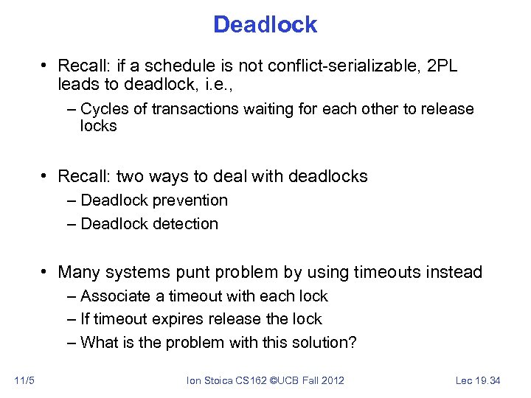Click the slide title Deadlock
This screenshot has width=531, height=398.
[x=265, y=24]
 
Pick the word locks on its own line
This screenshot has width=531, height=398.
[x=99, y=126]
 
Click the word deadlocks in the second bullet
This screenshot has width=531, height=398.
[x=327, y=176]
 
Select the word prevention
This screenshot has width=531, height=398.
[x=190, y=200]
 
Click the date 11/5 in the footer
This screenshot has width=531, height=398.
[x=24, y=380]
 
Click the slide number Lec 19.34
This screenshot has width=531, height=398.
[x=478, y=380]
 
